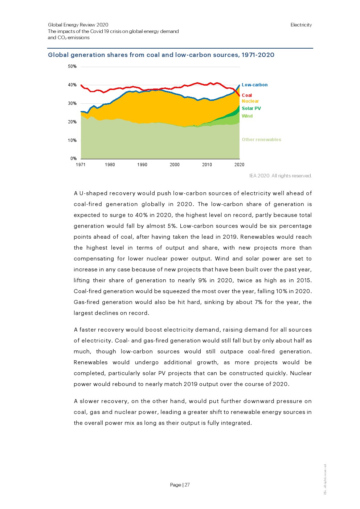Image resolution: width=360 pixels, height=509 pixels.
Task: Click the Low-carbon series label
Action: pos(254,85)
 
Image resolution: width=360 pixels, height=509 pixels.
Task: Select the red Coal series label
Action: pos(247,95)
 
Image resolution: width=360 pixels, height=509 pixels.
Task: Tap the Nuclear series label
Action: pos(250,101)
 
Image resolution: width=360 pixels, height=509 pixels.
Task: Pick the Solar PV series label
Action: pos(251,108)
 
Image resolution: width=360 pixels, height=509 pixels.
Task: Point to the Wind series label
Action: pos(247,116)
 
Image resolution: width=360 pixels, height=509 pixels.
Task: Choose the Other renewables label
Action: pos(261,140)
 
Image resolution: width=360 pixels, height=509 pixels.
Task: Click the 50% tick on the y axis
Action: pos(72,66)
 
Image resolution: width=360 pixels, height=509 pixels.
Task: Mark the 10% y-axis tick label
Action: pos(72,140)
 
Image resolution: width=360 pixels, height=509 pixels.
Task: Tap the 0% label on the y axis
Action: pos(73,159)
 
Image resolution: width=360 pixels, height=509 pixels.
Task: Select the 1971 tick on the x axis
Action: pos(81,165)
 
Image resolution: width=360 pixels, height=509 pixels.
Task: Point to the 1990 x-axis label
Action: pos(142,165)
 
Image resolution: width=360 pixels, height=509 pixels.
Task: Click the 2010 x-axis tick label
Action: pos(207,165)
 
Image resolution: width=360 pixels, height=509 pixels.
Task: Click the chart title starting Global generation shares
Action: pos(161,55)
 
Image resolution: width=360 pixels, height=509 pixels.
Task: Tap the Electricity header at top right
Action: pos(301,25)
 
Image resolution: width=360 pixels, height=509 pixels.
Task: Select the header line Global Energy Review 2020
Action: pos(78,25)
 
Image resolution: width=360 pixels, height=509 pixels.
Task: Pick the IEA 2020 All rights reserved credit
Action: pos(280,176)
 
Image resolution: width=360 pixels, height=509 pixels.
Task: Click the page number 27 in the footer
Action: pos(187,485)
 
